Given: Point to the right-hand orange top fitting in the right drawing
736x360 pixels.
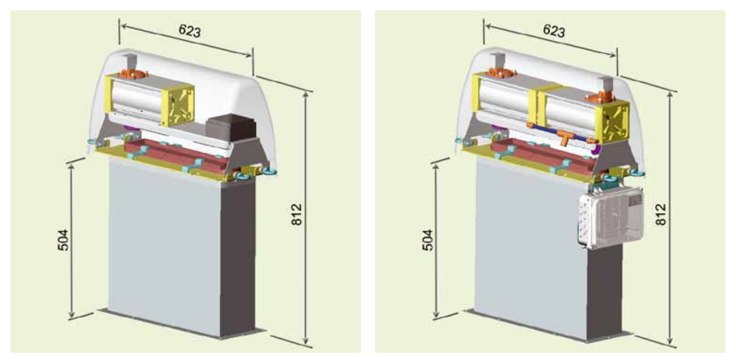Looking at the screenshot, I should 601,96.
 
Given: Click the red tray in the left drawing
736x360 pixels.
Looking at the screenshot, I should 176,155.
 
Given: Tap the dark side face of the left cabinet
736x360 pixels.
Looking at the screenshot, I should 238,259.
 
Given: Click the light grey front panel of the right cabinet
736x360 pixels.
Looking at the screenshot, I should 522,248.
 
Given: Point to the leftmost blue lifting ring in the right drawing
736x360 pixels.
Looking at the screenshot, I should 459,139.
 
